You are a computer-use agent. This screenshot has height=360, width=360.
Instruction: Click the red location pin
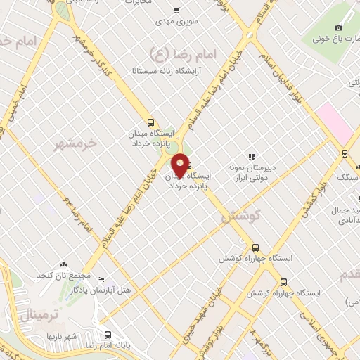click(181, 165)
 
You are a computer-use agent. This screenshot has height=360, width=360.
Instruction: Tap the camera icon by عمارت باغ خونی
click(338, 27)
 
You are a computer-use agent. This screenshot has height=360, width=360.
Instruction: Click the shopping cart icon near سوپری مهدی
click(176, 11)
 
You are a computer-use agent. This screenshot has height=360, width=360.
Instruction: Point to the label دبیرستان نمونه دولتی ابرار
click(253, 173)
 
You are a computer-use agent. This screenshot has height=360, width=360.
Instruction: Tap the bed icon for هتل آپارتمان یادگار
click(100, 280)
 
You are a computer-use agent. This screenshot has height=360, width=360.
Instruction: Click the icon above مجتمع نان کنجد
click(64, 263)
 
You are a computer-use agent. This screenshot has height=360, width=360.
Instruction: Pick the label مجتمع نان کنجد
click(64, 274)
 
